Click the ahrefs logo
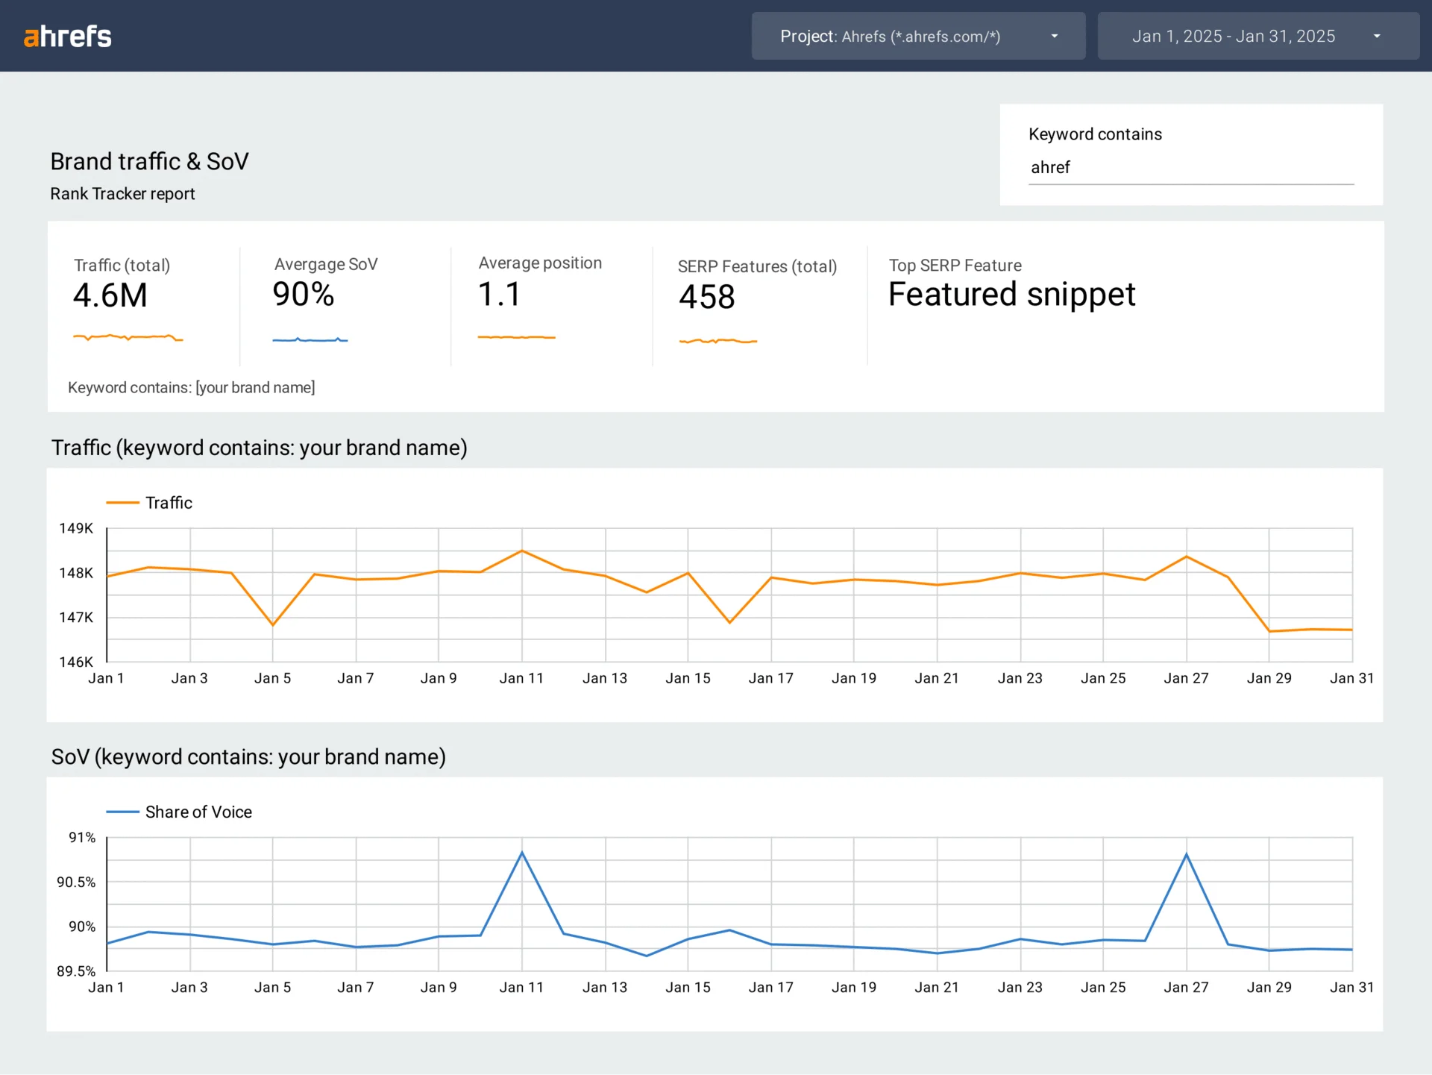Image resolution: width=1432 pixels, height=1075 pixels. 67,36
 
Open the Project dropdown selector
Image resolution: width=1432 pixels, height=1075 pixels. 918,36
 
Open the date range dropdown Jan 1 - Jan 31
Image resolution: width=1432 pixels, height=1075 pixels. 1257,36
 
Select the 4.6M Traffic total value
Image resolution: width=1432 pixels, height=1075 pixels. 110,295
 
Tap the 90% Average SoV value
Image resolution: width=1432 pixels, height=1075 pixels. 304,294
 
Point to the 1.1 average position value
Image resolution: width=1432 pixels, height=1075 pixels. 499,294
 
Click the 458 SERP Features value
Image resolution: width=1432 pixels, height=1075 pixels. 706,297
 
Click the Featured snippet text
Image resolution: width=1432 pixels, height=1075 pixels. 1011,294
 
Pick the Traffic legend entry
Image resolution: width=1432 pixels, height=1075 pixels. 168,503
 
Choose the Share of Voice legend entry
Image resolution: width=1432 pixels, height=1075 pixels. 198,812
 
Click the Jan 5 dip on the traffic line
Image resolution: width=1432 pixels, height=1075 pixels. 273,625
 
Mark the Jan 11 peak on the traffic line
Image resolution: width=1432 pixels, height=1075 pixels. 522,551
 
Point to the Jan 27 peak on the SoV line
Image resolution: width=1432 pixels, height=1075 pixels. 1186,854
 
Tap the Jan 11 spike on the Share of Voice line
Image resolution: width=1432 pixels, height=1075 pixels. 522,852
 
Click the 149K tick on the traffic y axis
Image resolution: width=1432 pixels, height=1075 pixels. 76,528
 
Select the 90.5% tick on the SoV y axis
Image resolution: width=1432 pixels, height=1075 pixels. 76,882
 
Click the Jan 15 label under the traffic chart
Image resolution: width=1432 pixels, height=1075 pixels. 688,678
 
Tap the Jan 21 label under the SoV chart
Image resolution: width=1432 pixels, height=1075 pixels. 937,987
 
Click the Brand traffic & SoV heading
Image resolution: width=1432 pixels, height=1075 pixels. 149,161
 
